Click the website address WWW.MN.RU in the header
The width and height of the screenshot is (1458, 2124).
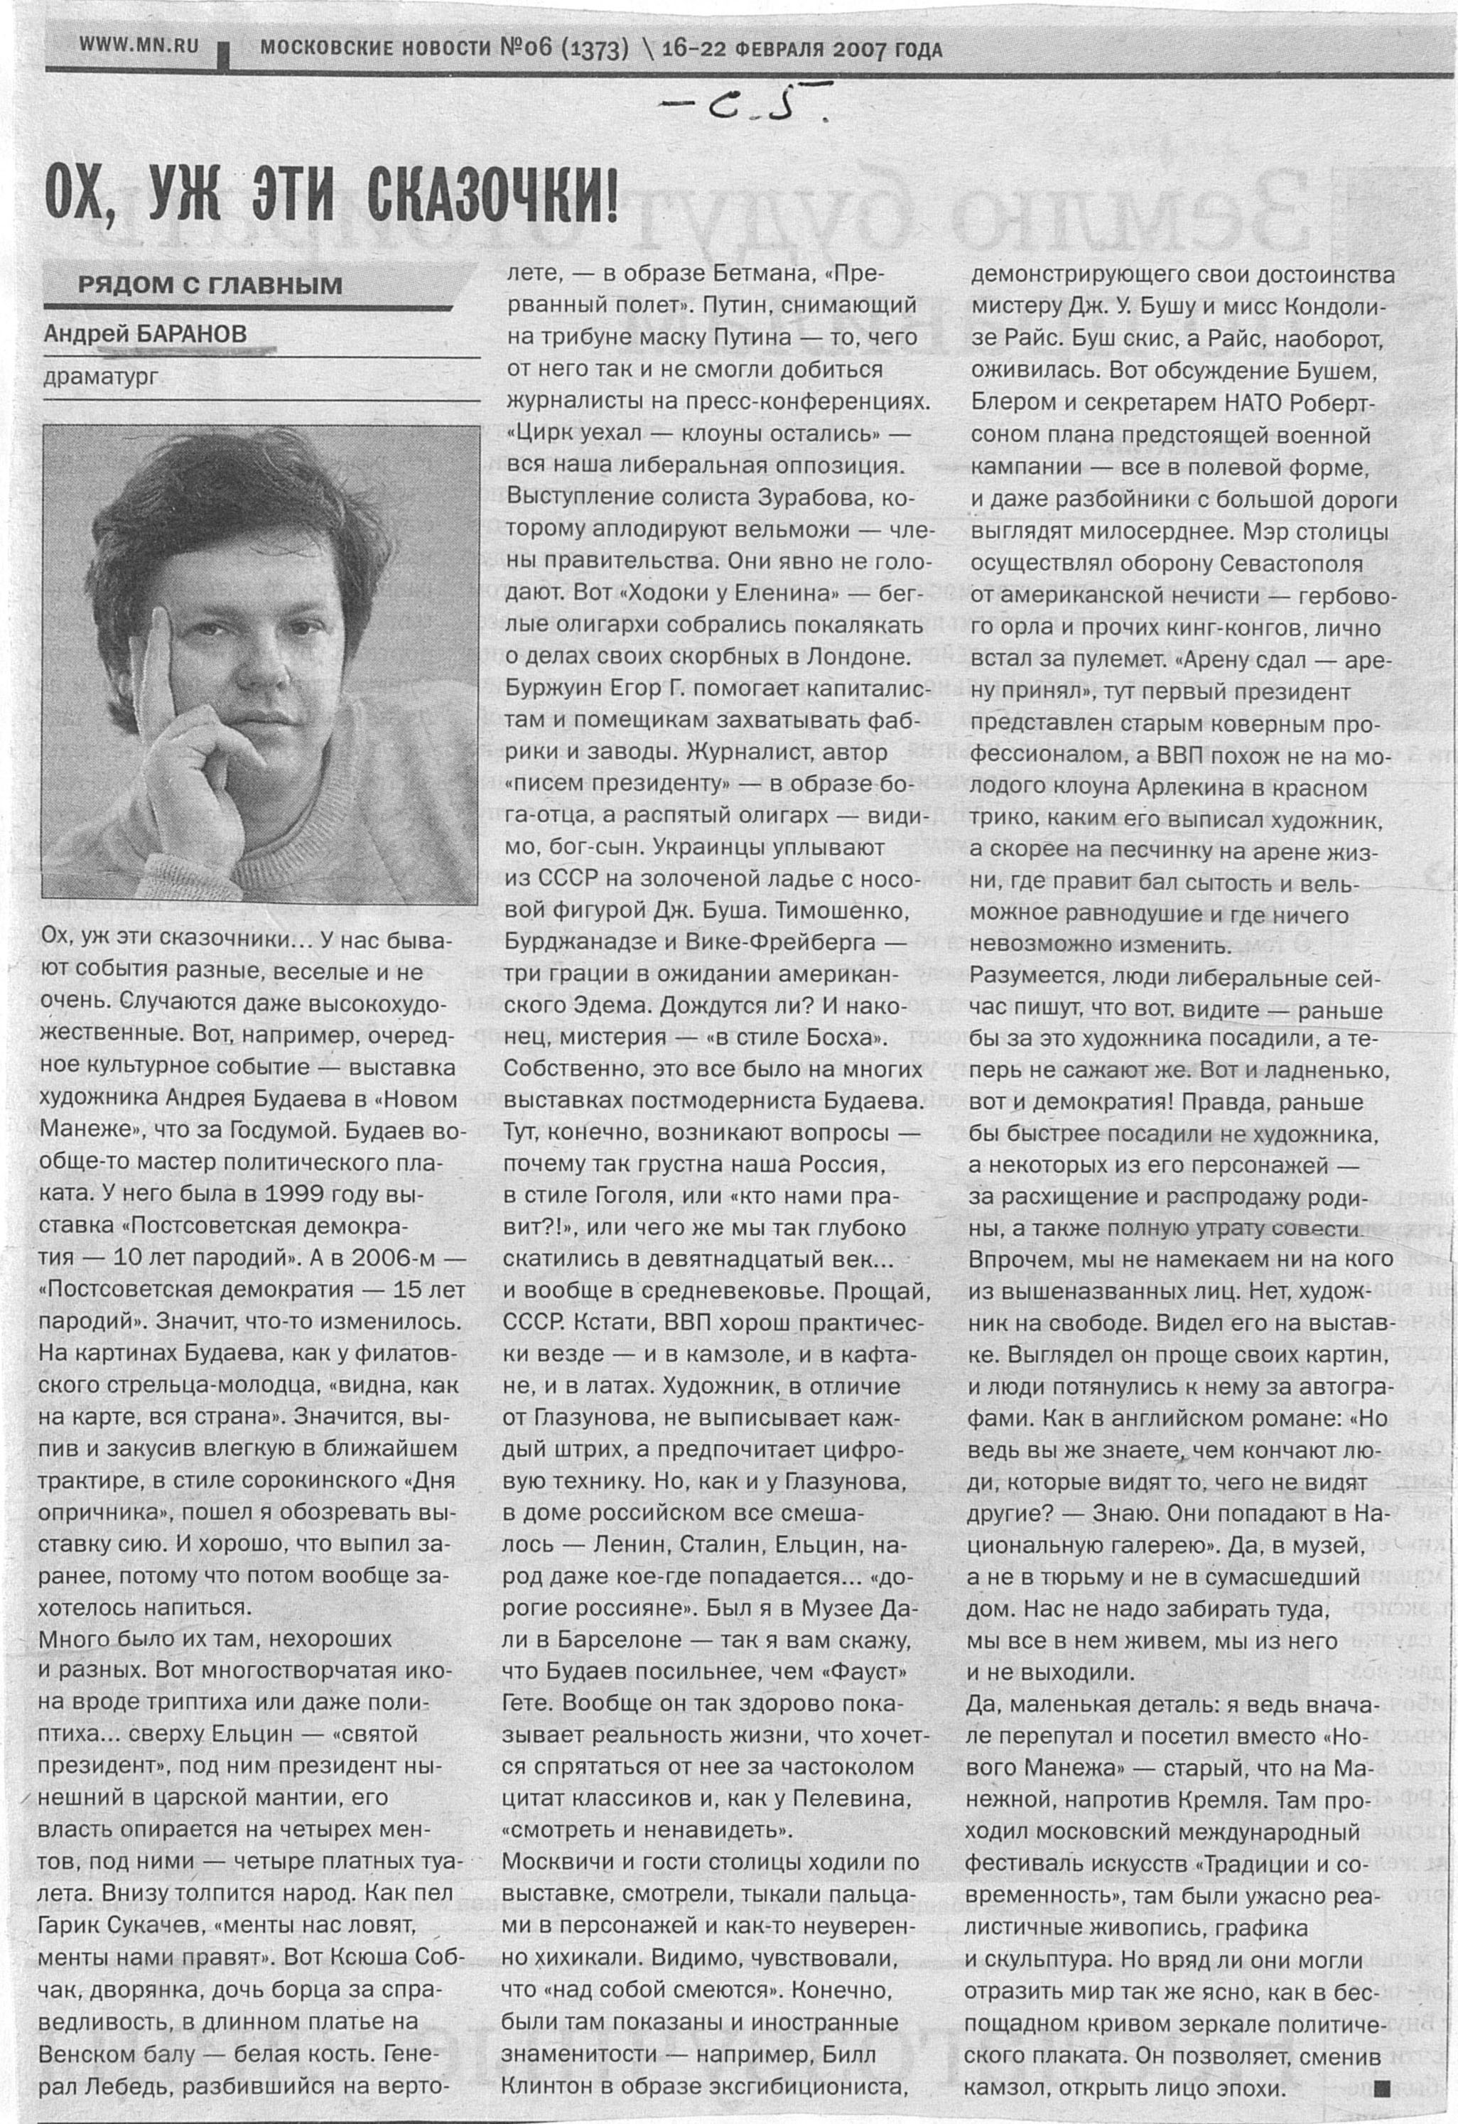[x=139, y=45]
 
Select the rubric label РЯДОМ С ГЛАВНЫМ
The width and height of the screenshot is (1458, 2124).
[x=210, y=285]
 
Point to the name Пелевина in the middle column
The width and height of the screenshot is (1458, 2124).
[x=846, y=1799]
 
